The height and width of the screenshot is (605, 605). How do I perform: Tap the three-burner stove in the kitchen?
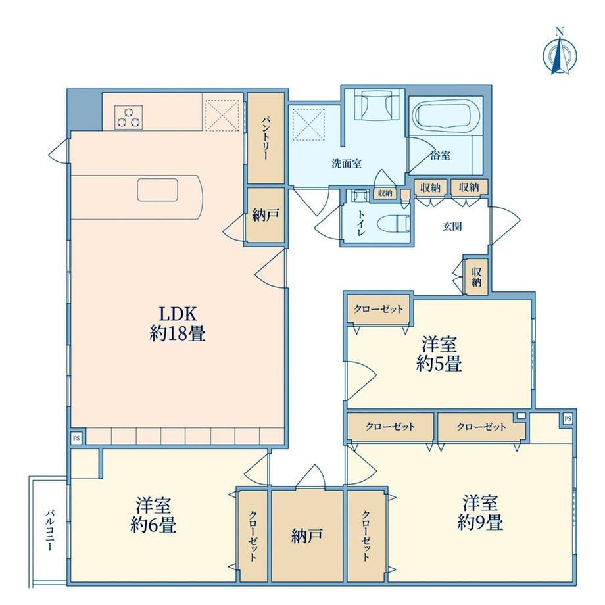click(128, 117)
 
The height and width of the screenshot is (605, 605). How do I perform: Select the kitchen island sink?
click(158, 190)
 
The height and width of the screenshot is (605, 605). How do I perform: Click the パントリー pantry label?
click(266, 137)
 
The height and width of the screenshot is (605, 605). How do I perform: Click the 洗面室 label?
click(347, 164)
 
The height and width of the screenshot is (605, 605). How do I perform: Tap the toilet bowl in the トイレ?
click(393, 225)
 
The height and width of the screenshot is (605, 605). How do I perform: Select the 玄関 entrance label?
click(452, 226)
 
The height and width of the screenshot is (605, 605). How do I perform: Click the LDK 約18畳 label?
click(178, 324)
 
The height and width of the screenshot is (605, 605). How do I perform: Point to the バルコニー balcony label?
click(49, 530)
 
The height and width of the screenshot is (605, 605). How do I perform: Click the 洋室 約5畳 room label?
click(439, 353)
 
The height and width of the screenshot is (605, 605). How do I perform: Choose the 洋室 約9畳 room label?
click(480, 512)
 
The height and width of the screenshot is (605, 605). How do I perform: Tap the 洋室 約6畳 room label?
click(153, 516)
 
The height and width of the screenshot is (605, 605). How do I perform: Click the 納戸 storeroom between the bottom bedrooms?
click(307, 535)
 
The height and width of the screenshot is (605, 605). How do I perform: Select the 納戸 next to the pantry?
click(266, 215)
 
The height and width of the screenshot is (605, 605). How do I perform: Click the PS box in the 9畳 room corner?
click(568, 419)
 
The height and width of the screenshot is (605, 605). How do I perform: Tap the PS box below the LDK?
click(76, 439)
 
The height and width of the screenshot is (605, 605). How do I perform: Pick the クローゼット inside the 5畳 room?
click(379, 310)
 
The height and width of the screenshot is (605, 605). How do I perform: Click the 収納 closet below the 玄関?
click(477, 277)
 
